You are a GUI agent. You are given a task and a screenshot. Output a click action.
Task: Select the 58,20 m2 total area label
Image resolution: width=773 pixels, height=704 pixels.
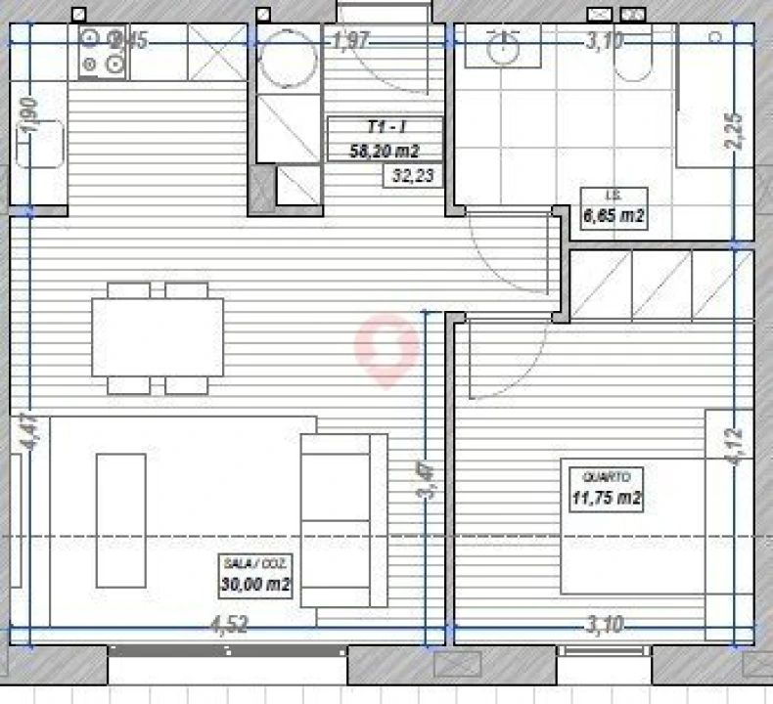(x=385, y=151)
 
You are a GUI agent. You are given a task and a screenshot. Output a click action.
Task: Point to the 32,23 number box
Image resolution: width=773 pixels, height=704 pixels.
(x=412, y=176)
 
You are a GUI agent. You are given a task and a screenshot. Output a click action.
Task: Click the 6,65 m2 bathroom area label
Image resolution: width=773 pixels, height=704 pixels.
(x=614, y=217)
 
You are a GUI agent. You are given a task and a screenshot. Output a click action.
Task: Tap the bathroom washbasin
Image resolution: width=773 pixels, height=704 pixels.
(x=503, y=48)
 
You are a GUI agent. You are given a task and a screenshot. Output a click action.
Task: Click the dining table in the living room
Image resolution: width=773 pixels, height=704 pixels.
(x=158, y=336)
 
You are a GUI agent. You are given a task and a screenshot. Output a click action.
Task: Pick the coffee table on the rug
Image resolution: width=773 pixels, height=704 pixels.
(x=120, y=519)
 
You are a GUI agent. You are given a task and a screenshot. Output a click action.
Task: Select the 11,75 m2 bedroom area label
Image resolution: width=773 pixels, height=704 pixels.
(x=607, y=500)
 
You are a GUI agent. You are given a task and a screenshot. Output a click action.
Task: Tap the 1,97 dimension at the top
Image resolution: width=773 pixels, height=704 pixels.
(x=351, y=41)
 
